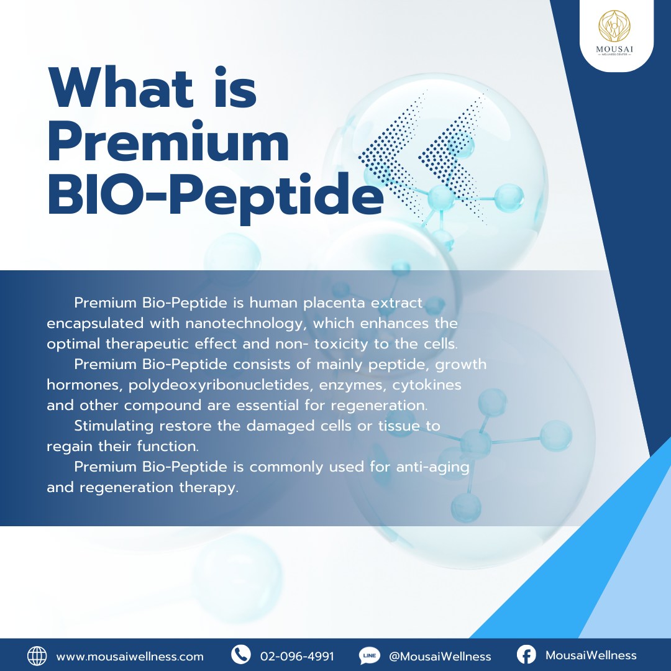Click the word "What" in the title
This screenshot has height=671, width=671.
pyautogui.click(x=121, y=88)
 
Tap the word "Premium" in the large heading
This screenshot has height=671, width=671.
pyautogui.click(x=168, y=141)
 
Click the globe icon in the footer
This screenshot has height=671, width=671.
pyautogui.click(x=37, y=655)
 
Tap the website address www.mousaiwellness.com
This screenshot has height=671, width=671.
pyautogui.click(x=130, y=657)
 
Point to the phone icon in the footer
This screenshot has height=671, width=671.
pyautogui.click(x=240, y=655)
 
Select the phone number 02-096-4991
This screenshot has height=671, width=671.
pyautogui.click(x=297, y=657)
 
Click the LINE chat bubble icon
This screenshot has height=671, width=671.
pyautogui.click(x=369, y=655)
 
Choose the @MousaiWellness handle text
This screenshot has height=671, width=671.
pyautogui.click(x=440, y=657)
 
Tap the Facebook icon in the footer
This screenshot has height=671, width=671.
pyautogui.click(x=526, y=655)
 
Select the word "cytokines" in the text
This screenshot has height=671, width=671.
pyautogui.click(x=427, y=385)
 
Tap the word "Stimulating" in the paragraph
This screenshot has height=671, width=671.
pyautogui.click(x=114, y=426)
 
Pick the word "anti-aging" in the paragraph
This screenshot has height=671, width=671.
pyautogui.click(x=432, y=467)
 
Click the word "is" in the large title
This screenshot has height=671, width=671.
pyautogui.click(x=235, y=88)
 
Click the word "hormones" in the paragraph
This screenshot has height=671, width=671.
pyautogui.click(x=84, y=385)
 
